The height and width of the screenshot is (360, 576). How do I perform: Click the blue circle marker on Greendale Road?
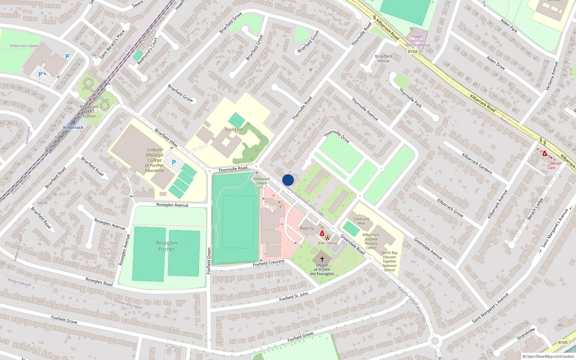(x=288, y=180)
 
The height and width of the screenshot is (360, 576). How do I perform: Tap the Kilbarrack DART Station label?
(x=89, y=111)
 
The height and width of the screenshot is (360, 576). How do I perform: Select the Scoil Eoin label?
(x=234, y=129)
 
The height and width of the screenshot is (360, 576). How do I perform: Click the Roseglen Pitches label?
(x=166, y=246)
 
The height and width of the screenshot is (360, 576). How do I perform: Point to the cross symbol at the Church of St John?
(x=322, y=259)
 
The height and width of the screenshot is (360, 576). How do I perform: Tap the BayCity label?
(x=307, y=228)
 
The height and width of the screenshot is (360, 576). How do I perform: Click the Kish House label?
(x=328, y=243)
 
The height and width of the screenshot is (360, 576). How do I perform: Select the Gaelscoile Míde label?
(x=361, y=221)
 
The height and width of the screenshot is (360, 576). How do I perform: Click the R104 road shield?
(x=413, y=52)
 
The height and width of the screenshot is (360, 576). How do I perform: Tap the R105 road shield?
(x=563, y=342)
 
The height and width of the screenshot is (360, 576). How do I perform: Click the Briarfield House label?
(x=383, y=58)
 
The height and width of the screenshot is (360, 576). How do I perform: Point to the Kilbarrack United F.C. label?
(x=262, y=183)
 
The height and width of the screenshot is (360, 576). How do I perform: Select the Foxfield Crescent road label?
(x=269, y=263)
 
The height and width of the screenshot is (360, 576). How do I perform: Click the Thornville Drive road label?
(x=337, y=137)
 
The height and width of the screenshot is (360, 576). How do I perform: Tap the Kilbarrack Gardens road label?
(x=477, y=164)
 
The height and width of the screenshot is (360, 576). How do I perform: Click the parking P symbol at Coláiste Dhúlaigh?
(x=174, y=162)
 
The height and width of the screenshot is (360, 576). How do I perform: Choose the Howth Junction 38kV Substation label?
(x=417, y=41)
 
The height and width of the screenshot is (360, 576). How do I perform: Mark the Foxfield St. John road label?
(x=294, y=297)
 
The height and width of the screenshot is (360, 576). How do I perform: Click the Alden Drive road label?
(x=495, y=63)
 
